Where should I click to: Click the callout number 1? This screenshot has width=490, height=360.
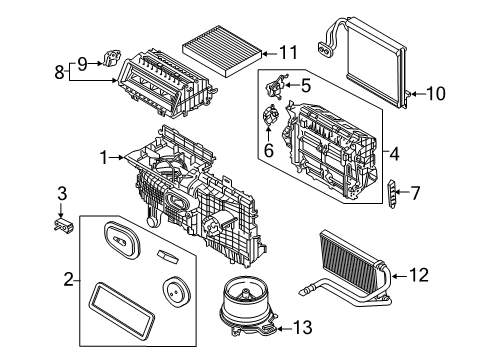coord(102,156)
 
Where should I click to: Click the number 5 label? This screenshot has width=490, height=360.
coord(305,86)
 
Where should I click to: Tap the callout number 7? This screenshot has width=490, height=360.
coord(416,192)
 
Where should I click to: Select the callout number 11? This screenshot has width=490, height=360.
coord(288,52)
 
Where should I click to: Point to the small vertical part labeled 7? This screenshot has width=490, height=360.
coord(393,193)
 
